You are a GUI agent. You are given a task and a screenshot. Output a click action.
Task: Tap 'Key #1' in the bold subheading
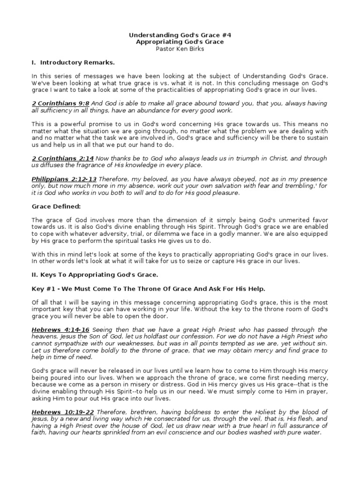[43, 288]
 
